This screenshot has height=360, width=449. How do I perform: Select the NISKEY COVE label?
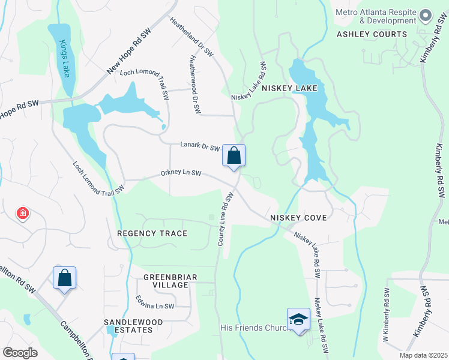pos(298,217)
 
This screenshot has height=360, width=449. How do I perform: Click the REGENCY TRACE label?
pos(152,233)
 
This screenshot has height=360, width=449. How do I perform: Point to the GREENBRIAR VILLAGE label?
pos(166,281)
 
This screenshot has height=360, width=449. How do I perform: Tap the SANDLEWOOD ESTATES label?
pos(133,326)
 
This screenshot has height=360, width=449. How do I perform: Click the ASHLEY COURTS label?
pos(372,34)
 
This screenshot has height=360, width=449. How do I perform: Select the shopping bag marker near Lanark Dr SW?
pos(234,155)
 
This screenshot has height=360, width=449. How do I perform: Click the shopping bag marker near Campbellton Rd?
pos(64,278)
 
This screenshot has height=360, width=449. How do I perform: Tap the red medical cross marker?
pos(23,212)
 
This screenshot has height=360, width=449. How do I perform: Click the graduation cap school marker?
pos(298,319)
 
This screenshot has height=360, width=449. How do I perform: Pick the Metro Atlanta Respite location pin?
pos(426,15)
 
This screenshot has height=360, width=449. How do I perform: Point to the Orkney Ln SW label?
pos(181,174)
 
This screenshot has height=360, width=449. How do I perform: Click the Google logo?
pos(20,353)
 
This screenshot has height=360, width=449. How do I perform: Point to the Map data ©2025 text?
pos(423,355)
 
